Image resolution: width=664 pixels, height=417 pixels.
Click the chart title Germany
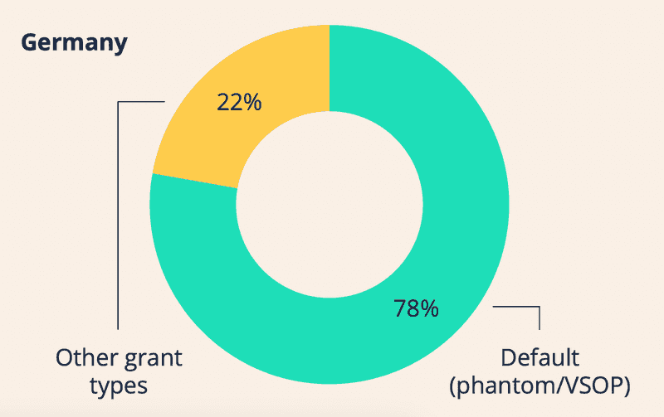74,43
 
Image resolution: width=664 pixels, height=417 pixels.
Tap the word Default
539,359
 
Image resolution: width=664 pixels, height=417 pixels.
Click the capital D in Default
507,358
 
